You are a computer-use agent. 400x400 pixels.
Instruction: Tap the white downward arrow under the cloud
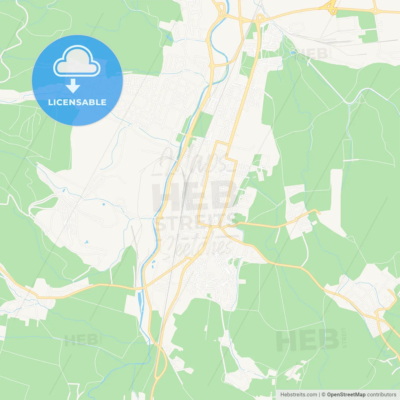click(x=73, y=86)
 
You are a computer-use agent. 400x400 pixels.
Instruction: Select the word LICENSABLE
click(x=77, y=102)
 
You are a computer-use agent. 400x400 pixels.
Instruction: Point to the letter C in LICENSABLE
click(x=62, y=102)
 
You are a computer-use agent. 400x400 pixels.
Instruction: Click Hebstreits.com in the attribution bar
click(x=298, y=395)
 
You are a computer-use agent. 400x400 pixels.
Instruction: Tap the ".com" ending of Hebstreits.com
click(x=312, y=395)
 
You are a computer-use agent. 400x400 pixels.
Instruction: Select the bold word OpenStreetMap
click(x=346, y=395)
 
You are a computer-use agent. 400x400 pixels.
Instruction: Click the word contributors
click(x=382, y=395)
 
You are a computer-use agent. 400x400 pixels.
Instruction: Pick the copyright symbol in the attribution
click(x=324, y=395)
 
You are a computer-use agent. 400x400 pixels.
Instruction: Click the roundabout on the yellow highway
click(x=375, y=11)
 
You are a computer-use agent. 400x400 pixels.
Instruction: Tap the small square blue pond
click(x=103, y=204)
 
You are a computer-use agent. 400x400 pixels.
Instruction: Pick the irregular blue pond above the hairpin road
click(x=86, y=242)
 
